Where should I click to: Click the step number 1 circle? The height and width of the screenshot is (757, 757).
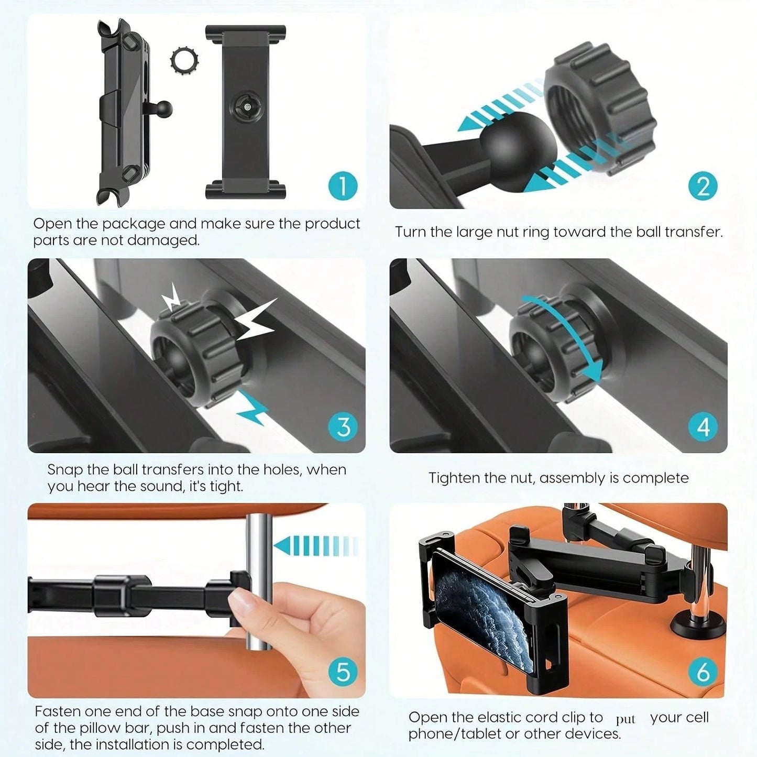[x=343, y=186]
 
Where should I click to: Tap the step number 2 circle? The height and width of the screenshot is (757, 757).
[x=703, y=186]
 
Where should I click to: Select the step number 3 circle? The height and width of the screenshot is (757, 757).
[x=343, y=427]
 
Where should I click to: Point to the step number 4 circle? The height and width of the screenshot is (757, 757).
[x=703, y=427]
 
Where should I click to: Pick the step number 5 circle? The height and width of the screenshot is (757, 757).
[x=343, y=671]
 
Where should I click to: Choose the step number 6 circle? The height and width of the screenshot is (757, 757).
[x=703, y=671]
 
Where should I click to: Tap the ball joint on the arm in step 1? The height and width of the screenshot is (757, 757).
[x=164, y=110]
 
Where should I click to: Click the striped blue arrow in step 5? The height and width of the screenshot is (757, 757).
[x=314, y=546]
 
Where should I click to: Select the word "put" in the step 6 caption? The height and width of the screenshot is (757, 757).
[x=626, y=719]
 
